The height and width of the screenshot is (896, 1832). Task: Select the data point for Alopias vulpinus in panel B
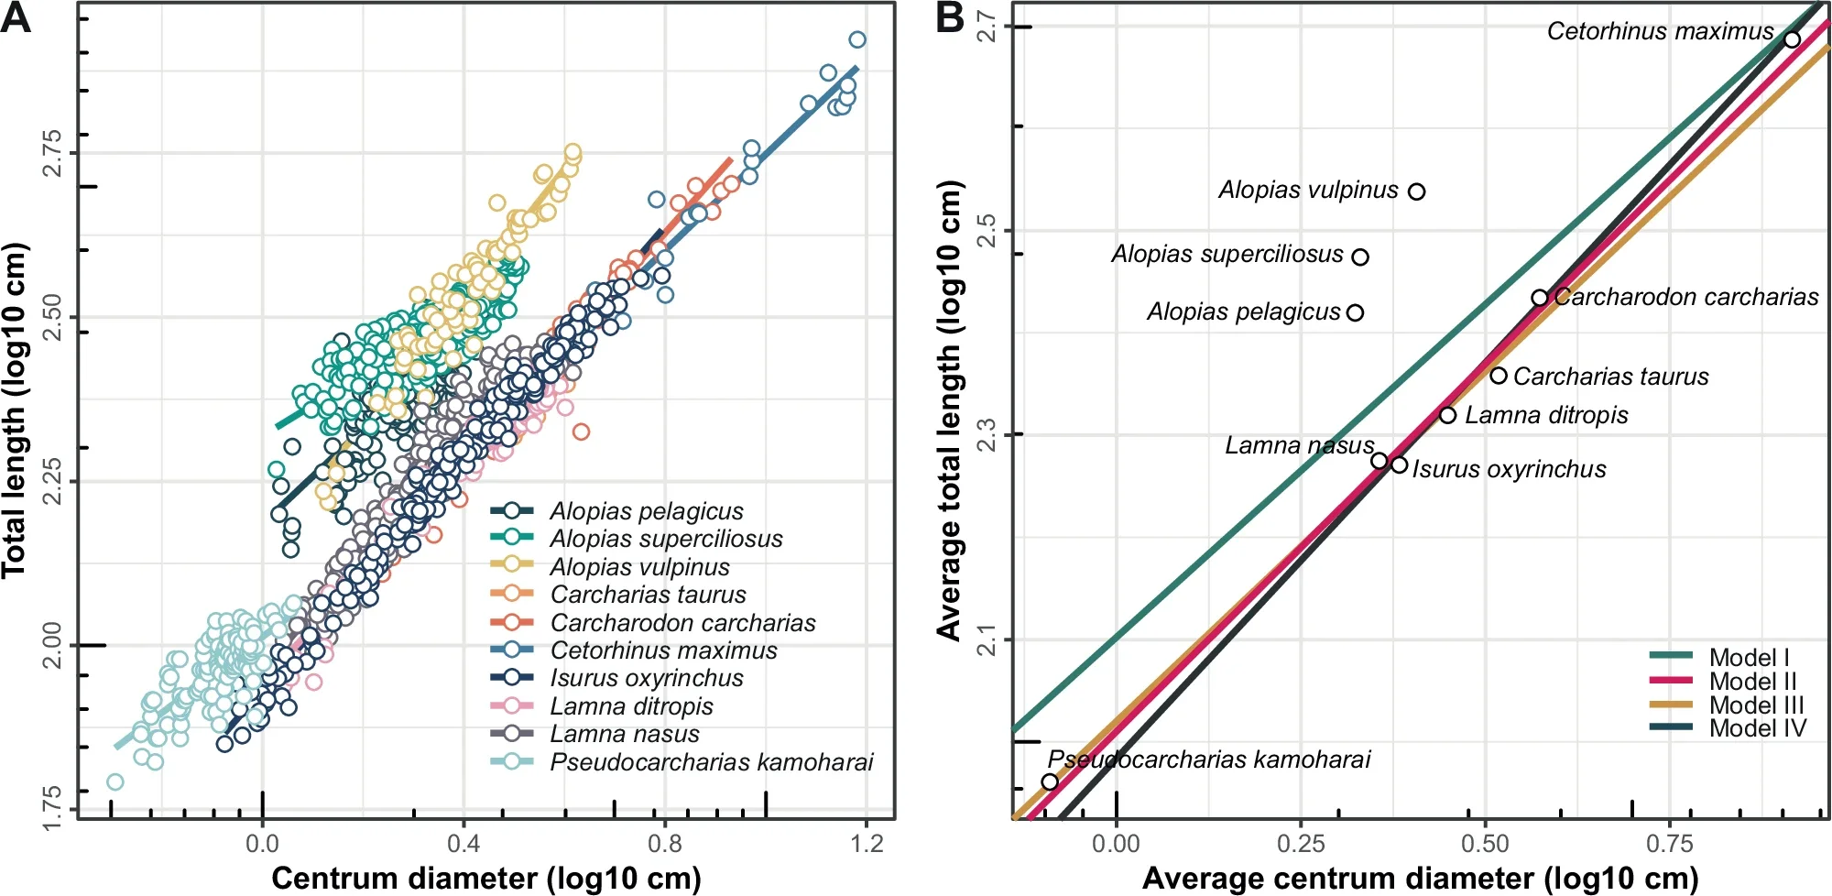point(1416,191)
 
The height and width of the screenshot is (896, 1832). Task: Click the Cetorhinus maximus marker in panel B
point(1792,39)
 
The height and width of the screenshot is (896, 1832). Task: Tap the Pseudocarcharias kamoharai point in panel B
point(1050,781)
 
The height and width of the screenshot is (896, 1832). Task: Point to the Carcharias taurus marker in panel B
point(1499,376)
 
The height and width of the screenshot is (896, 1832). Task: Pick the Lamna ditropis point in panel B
point(1447,415)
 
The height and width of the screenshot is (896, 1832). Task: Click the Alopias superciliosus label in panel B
point(1227,254)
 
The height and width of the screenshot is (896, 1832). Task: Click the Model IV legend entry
point(1757,728)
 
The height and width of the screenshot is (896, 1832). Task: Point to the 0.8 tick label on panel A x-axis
point(665,843)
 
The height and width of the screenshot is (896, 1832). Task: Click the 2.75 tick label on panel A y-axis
point(53,153)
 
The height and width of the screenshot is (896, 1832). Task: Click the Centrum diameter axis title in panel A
point(485,878)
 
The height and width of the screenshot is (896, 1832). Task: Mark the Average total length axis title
point(950,410)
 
